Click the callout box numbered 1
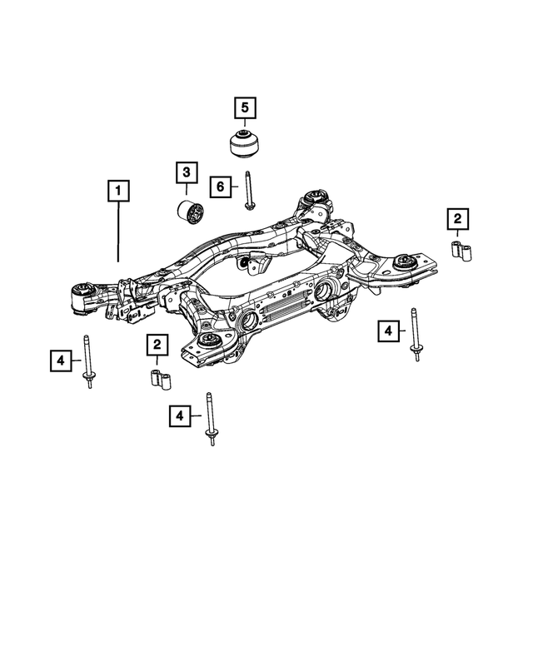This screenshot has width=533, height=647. click(119, 192)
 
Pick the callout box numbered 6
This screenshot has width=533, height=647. click(221, 187)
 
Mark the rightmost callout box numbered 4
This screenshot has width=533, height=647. click(388, 331)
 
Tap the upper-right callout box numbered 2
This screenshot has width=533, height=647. click(457, 219)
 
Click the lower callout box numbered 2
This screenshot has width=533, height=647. click(156, 344)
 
